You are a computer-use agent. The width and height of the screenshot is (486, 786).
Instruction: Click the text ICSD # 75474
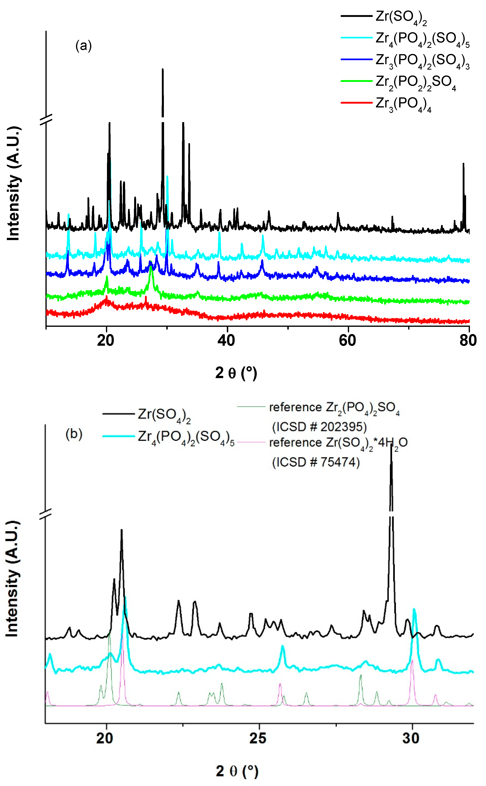coord(316,462)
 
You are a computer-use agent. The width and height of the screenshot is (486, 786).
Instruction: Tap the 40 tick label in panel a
coord(226,340)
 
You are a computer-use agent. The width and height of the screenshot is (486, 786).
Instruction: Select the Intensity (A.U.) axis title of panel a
coord(13,183)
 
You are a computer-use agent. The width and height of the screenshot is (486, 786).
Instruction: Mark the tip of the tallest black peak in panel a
coord(163,69)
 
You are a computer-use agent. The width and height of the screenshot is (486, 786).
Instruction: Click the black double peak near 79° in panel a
coord(464,180)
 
